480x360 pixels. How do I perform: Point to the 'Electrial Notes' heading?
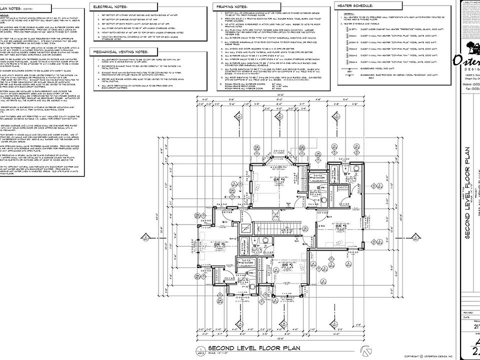[x=109, y=6]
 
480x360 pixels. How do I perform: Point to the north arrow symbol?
[x=365, y=349]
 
